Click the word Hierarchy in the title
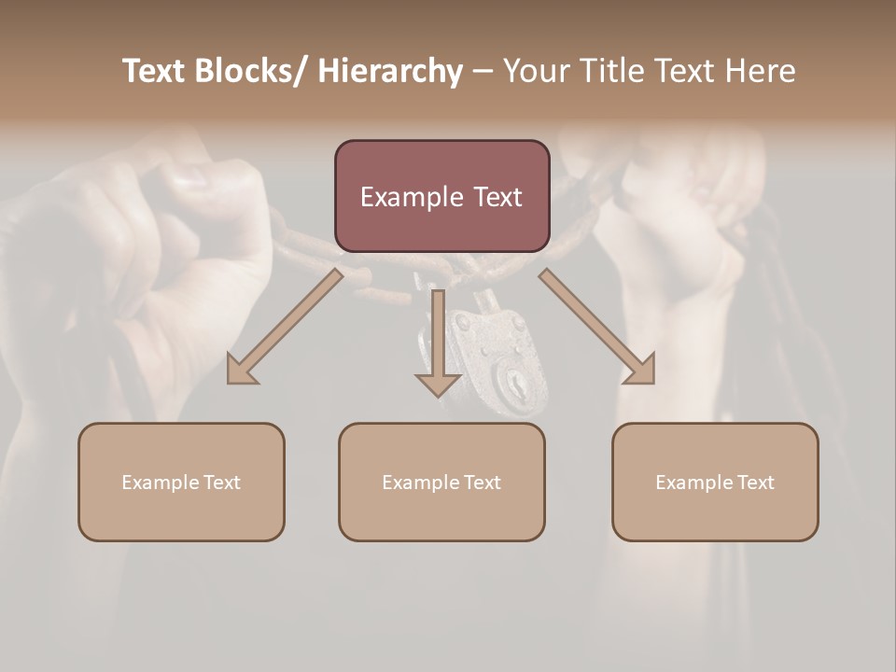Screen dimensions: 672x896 click(390, 72)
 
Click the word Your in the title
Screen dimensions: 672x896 click(533, 72)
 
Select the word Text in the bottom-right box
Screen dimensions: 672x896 click(755, 483)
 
